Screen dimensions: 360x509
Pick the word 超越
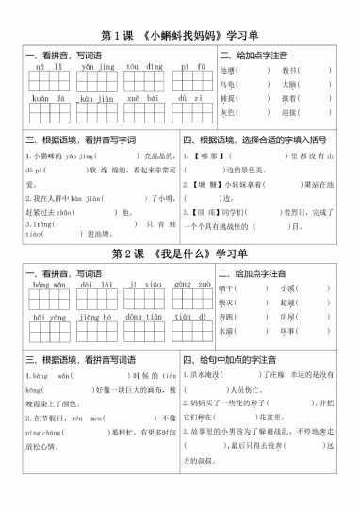pos(288,303)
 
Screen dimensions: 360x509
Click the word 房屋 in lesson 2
pos(288,317)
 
